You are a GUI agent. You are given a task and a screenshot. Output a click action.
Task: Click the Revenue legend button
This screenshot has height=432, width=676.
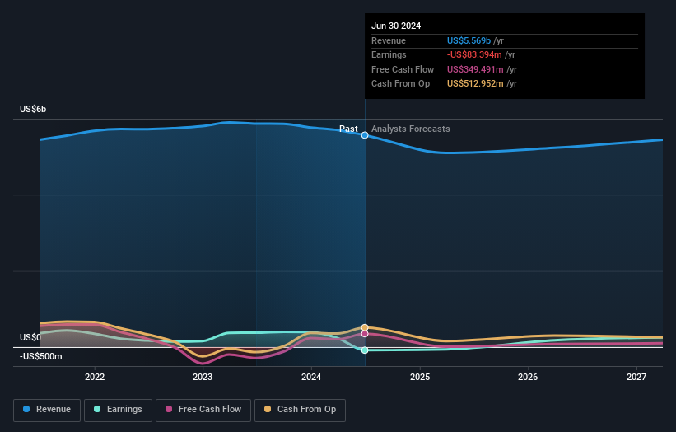pos(47,410)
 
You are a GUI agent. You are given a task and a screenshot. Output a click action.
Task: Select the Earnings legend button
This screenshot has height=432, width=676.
pos(118,410)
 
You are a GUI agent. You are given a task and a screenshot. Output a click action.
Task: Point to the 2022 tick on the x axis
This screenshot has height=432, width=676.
pos(95,378)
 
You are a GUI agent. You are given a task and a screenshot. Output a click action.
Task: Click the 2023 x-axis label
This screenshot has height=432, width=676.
pos(203,378)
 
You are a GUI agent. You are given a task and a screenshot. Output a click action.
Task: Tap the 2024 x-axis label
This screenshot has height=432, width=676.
pos(311,378)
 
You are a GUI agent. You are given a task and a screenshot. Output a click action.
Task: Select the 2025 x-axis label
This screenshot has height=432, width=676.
pos(420,378)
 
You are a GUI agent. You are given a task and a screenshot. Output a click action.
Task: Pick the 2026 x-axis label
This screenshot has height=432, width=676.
pos(528,378)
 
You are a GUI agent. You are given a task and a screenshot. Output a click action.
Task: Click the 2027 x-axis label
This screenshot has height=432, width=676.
pos(636,378)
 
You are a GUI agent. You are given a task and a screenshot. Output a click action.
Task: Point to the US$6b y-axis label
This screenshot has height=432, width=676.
pos(33,110)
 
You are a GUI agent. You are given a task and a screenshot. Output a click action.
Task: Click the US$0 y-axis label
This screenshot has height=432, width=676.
pos(30,338)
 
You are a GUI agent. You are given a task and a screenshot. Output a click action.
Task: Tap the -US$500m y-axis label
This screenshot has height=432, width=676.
pos(40,357)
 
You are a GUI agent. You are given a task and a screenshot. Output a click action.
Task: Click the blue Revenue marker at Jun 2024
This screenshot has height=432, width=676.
pos(365,135)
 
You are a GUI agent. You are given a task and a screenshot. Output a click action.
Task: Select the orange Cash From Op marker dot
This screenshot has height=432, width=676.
pos(365,327)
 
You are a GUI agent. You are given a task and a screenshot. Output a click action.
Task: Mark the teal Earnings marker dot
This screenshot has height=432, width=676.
pos(365,350)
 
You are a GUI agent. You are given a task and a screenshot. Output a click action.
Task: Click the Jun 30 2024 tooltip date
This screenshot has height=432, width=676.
pos(396,26)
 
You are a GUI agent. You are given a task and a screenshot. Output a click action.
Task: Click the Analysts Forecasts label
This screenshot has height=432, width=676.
pos(411,129)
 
